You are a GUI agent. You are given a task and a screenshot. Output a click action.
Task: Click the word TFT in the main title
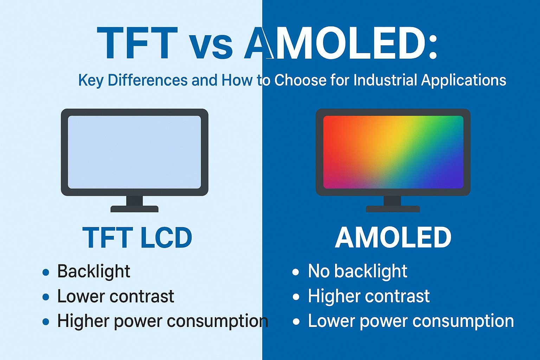pyautogui.click(x=137, y=43)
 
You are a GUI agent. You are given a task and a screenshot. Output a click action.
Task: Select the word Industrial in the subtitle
pyautogui.click(x=386, y=80)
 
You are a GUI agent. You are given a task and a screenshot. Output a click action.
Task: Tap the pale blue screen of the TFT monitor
pyautogui.click(x=134, y=152)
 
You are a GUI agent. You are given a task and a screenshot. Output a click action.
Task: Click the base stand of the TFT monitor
pyautogui.click(x=134, y=208)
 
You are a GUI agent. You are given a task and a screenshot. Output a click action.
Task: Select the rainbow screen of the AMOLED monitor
pyautogui.click(x=393, y=152)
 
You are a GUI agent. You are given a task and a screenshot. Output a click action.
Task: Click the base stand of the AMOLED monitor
pyautogui.click(x=393, y=208)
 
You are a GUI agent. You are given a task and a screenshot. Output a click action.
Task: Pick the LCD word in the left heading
pyautogui.click(x=166, y=238)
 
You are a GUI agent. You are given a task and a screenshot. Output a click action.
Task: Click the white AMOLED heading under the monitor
pyautogui.click(x=393, y=238)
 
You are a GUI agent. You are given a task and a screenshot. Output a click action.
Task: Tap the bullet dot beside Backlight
pyautogui.click(x=46, y=272)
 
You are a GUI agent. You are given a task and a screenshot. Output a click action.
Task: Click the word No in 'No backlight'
pyautogui.click(x=319, y=271)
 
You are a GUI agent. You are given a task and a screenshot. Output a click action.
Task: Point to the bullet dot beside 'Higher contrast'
pyautogui.click(x=296, y=297)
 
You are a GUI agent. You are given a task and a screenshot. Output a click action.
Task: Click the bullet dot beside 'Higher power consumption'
pyautogui.click(x=46, y=322)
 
